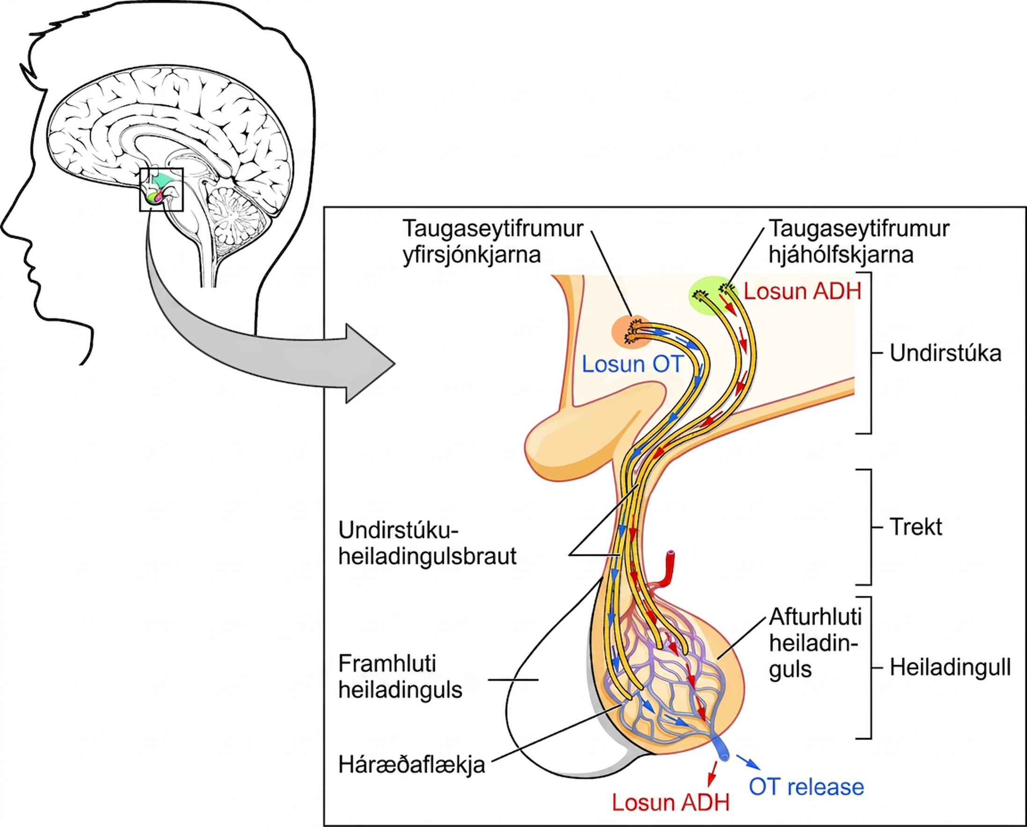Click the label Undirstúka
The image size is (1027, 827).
pyautogui.click(x=946, y=354)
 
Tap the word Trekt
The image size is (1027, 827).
pyautogui.click(x=916, y=527)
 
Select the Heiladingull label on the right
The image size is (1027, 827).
pyautogui.click(x=950, y=668)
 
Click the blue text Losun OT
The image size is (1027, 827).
pyautogui.click(x=633, y=364)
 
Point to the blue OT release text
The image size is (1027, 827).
pyautogui.click(x=806, y=786)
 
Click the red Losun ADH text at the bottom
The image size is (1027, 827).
pyautogui.click(x=671, y=803)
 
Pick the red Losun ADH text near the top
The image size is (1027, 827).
pyautogui.click(x=803, y=291)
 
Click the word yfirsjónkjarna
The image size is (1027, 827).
pyautogui.click(x=472, y=255)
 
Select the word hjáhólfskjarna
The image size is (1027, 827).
pyautogui.click(x=841, y=255)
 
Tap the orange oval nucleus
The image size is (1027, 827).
pyautogui.click(x=632, y=331)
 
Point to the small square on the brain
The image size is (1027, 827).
pyautogui.click(x=161, y=189)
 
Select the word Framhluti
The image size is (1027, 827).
pyautogui.click(x=387, y=664)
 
